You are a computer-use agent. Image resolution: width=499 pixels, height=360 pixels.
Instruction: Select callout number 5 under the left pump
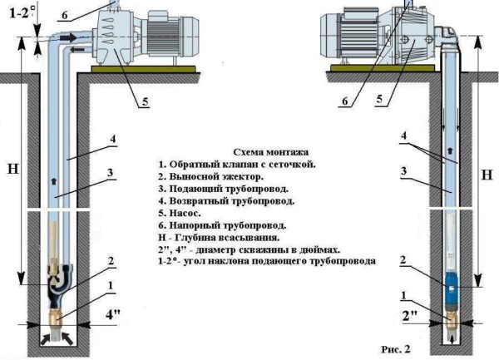pos(144,102)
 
